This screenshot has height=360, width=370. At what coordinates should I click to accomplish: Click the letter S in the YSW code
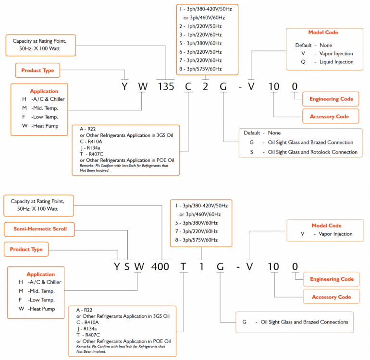(126, 266)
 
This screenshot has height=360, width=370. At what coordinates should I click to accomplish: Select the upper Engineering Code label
(331, 99)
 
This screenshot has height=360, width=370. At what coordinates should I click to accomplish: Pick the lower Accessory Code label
(331, 297)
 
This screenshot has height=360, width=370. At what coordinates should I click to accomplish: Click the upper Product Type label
(37, 71)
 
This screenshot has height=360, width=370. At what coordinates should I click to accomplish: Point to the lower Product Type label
(26, 250)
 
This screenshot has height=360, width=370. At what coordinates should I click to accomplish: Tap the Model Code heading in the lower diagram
(326, 226)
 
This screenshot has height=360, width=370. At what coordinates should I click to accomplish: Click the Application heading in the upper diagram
(44, 91)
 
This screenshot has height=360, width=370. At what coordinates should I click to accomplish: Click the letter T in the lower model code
(183, 266)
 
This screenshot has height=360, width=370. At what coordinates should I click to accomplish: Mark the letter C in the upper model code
(188, 86)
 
